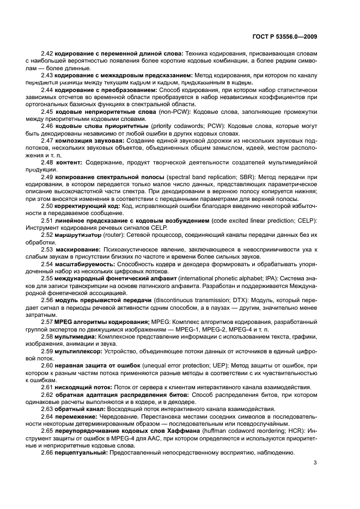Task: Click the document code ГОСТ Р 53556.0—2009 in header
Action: click(285, 37)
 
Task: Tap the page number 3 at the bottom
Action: click(315, 463)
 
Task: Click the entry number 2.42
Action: click(47, 54)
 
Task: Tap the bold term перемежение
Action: click(76, 415)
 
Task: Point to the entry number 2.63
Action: click(47, 408)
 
